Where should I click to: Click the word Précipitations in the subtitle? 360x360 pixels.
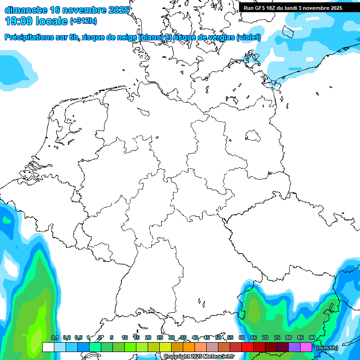pyautogui.click(x=30, y=37)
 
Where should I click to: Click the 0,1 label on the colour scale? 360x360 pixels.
pyautogui.click(x=54, y=338)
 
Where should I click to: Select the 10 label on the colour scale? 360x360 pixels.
pyautogui.click(x=125, y=338)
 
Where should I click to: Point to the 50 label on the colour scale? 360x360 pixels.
pyautogui.click(x=218, y=338)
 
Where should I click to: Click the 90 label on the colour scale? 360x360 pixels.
pyautogui.click(x=312, y=338)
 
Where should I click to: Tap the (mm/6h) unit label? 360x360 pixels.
pyautogui.click(x=327, y=348)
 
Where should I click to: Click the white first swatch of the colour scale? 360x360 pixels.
pyautogui.click(x=48, y=347)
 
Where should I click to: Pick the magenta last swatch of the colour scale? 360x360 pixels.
pyautogui.click(x=306, y=347)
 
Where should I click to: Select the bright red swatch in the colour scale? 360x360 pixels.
pyautogui.click(x=247, y=347)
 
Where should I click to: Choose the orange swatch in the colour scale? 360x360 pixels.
pyautogui.click(x=188, y=347)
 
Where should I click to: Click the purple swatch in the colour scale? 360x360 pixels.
pyautogui.click(x=294, y=347)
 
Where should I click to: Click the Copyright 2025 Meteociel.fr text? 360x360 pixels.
pyautogui.click(x=199, y=357)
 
